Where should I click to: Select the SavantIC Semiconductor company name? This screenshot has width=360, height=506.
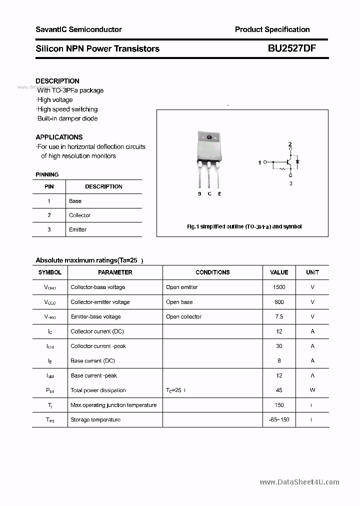tap(78, 29)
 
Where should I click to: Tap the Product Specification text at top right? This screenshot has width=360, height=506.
tap(272, 29)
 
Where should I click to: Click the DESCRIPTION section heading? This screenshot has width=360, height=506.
tap(57, 81)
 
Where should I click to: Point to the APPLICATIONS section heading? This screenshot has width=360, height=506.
tap(59, 137)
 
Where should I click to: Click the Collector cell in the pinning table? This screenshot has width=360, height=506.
tap(80, 215)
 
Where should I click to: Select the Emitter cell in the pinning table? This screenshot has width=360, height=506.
tap(78, 229)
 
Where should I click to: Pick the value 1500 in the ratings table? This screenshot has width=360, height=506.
tap(279, 287)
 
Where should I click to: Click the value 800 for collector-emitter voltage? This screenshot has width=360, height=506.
tap(279, 302)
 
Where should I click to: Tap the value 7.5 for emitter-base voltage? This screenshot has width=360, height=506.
tap(279, 316)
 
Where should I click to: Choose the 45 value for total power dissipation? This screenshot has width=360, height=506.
tap(279, 390)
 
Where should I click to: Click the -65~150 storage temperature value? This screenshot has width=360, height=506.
tap(279, 419)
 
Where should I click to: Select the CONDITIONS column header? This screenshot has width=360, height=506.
tap(212, 272)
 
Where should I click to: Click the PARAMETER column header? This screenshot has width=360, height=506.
tap(115, 272)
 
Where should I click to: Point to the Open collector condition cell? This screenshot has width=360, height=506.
tap(183, 316)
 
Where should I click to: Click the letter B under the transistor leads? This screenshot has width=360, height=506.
tap(199, 193)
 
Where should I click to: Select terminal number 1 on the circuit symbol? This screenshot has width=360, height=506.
tap(259, 162)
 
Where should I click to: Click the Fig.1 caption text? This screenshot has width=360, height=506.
tap(244, 226)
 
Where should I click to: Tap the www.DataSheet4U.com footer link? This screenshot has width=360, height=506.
tap(299, 482)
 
